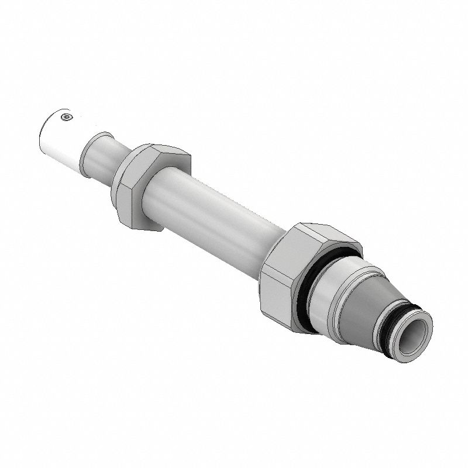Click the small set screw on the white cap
[66, 118]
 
